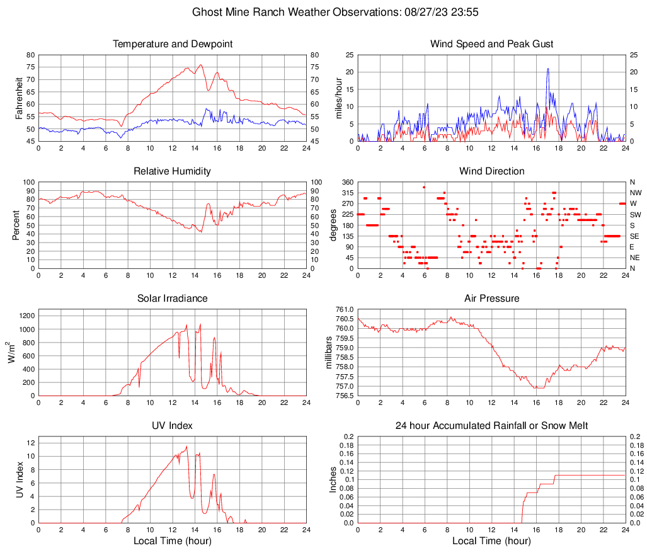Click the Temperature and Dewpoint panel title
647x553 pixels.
click(x=172, y=44)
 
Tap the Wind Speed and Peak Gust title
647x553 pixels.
click(x=491, y=44)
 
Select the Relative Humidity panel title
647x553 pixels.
click(x=172, y=171)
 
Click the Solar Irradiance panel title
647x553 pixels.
click(x=172, y=299)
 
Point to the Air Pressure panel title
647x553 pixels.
click(x=491, y=299)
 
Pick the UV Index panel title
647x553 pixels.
click(x=172, y=426)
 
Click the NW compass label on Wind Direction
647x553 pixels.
click(x=636, y=193)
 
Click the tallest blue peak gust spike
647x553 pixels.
click(x=548, y=69)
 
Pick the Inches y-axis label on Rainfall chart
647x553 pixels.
click(x=334, y=479)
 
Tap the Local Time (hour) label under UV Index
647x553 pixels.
click(x=172, y=541)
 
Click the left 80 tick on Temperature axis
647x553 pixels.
click(x=30, y=55)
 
